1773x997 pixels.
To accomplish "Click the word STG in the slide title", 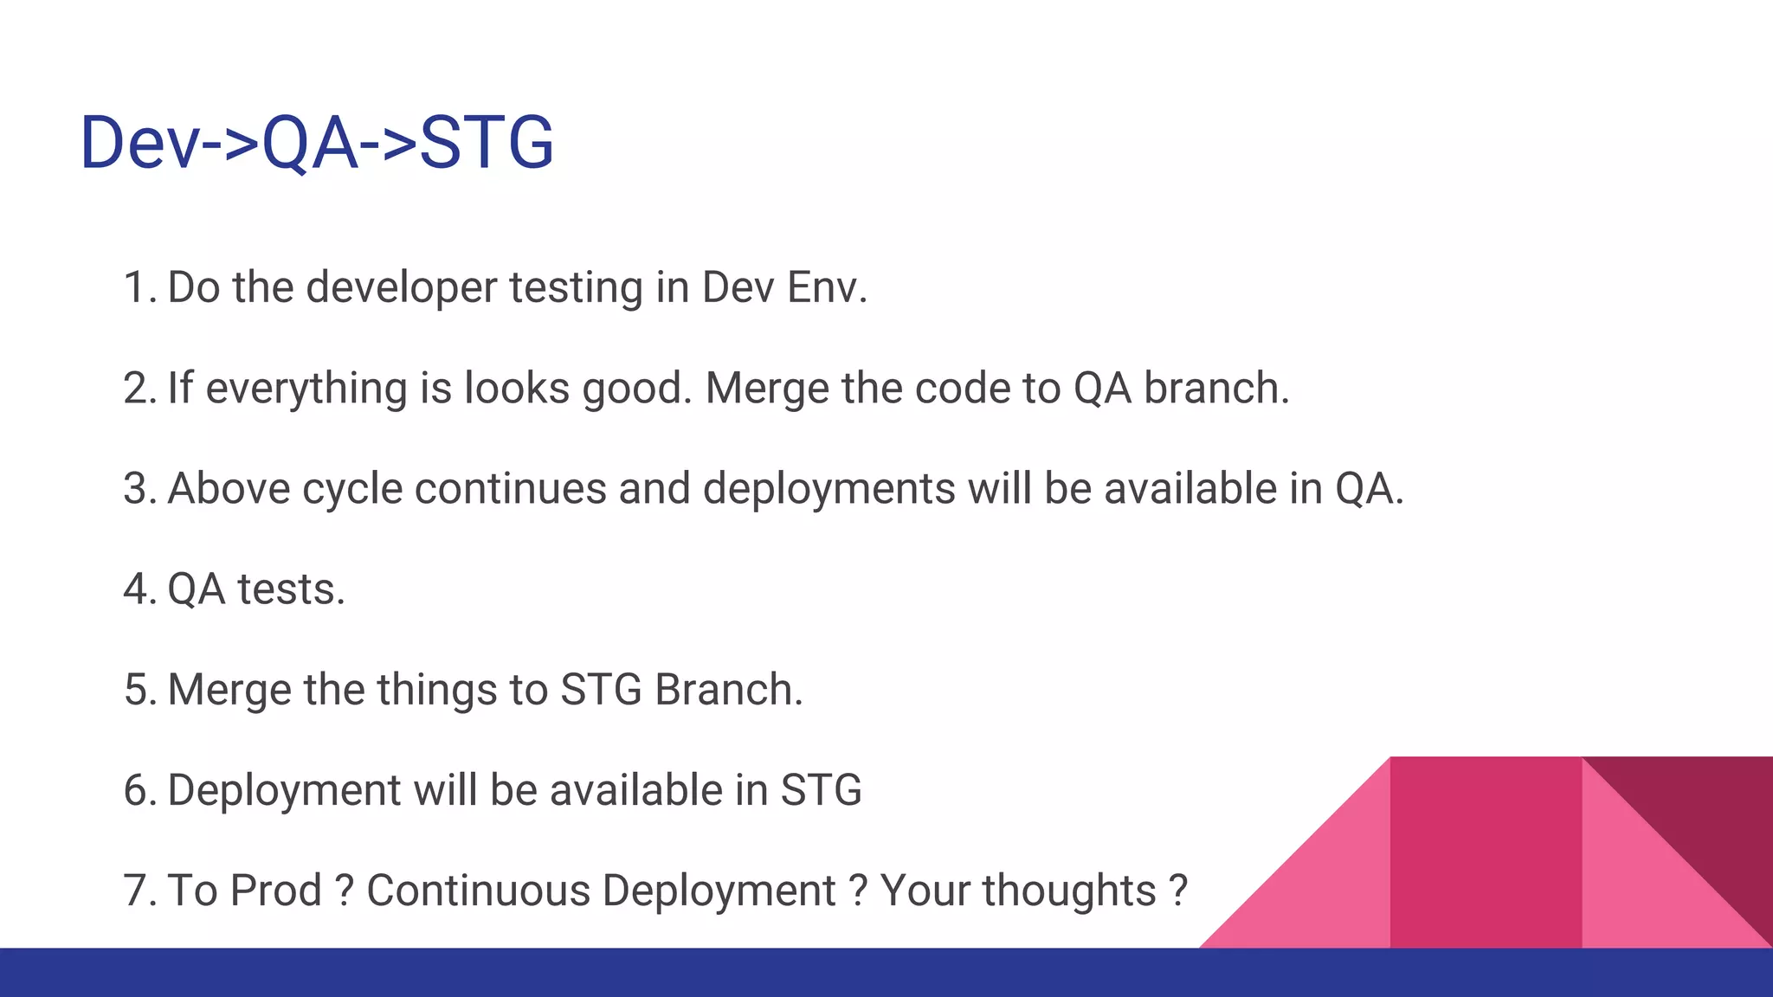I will pos(487,142).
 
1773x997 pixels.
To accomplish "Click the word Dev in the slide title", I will pos(139,142).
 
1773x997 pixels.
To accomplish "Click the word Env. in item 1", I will pos(827,287).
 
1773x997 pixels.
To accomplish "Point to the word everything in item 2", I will pos(306,388).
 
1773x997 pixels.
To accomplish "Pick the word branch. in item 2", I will pos(1216,388).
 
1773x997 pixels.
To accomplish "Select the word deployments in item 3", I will pos(828,488).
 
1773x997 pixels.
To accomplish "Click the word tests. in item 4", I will pos(291,589).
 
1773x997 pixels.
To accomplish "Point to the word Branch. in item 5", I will pos(728,690).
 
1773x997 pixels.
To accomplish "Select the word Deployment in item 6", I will pos(284,790).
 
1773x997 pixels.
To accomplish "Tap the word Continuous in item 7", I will pos(478,891).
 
